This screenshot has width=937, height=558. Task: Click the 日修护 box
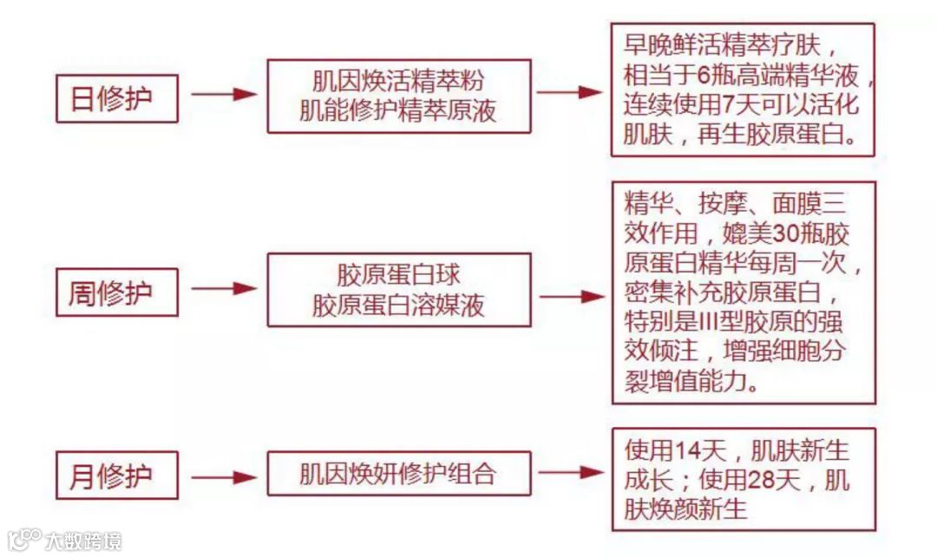[116, 98]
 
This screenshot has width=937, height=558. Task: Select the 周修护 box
[116, 292]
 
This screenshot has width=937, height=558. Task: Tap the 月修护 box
[116, 476]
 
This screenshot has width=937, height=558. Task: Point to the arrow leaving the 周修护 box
[223, 289]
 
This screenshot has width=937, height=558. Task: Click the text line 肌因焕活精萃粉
[398, 82]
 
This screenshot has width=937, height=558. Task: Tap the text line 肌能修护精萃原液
[398, 111]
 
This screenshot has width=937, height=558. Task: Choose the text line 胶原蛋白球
[398, 276]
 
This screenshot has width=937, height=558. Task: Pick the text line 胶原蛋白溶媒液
[398, 306]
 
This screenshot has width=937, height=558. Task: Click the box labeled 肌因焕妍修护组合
[398, 475]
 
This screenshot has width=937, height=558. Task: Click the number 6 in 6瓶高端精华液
[704, 75]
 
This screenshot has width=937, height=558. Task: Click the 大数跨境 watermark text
[83, 542]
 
